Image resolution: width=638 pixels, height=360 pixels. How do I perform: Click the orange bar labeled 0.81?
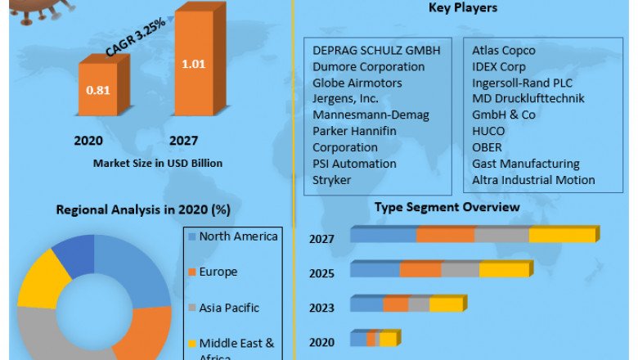pyautogui.click(x=98, y=90)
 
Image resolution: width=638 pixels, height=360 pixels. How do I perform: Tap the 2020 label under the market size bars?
pyautogui.click(x=88, y=141)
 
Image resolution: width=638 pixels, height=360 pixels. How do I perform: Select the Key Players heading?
pyautogui.click(x=463, y=8)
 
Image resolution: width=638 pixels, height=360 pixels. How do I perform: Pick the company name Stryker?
pyautogui.click(x=332, y=180)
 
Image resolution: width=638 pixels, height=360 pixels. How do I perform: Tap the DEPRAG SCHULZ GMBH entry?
pyautogui.click(x=376, y=50)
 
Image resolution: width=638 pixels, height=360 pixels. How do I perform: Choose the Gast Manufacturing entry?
pyautogui.click(x=526, y=164)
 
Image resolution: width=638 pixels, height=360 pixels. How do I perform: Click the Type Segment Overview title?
pyautogui.click(x=447, y=207)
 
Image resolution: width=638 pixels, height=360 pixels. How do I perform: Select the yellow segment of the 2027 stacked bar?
pyautogui.click(x=562, y=236)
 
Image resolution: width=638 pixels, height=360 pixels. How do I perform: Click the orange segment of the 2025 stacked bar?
pyautogui.click(x=420, y=270)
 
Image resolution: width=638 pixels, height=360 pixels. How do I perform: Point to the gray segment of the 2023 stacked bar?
pyautogui.click(x=419, y=304)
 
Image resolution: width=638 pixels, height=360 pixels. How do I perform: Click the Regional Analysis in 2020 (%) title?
pyautogui.click(x=143, y=209)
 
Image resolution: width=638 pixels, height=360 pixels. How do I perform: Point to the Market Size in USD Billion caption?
pyautogui.click(x=158, y=163)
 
